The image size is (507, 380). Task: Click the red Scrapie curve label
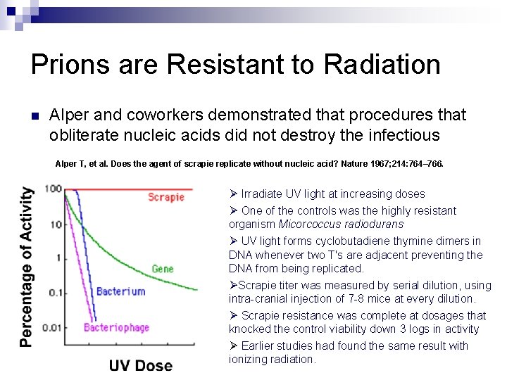click(166, 197)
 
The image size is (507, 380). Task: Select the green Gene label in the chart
click(163, 270)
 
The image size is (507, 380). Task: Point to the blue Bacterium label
click(120, 291)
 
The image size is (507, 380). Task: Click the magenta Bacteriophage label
click(115, 327)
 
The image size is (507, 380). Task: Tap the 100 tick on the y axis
click(53, 189)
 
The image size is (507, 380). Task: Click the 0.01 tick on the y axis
click(51, 327)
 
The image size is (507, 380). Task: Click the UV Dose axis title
click(140, 365)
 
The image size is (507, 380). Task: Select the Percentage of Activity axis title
click(26, 267)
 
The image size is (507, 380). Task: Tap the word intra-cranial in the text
click(258, 299)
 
